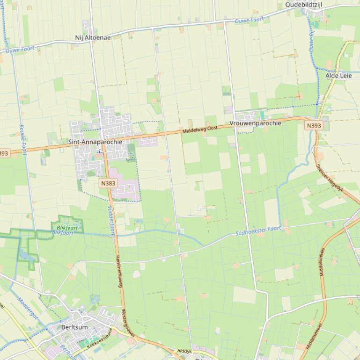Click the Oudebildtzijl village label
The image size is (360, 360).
point(310,5)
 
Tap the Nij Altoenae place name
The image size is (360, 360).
point(93,38)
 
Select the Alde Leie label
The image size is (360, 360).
point(338,75)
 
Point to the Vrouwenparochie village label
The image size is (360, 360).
point(255,123)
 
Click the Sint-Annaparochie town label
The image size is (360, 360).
point(95,142)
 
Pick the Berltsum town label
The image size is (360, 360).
point(74,327)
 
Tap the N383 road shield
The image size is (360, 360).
point(108,183)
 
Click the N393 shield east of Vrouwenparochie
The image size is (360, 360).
point(314,125)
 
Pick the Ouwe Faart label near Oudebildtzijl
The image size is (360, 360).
point(249,21)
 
